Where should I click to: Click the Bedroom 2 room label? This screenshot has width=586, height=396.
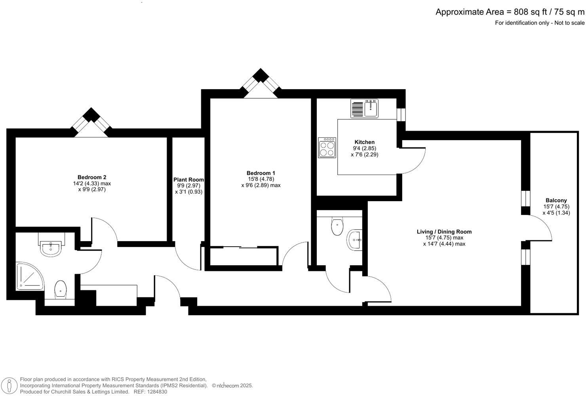point(91,177)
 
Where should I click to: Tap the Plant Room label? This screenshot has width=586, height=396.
point(188,180)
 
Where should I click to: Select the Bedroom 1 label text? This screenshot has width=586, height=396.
point(261,173)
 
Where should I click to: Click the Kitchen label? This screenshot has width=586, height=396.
point(364,142)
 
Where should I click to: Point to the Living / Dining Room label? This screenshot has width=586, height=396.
point(444,232)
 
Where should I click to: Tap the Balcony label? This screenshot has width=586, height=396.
point(556,200)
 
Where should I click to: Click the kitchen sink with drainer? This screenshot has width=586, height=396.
point(364,108)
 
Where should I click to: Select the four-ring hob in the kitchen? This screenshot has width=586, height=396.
point(327,148)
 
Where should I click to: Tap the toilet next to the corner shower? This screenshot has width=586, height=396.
point(60,289)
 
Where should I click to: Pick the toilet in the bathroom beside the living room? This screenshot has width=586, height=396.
point(337,227)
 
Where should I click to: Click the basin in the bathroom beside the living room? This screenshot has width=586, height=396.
point(354,240)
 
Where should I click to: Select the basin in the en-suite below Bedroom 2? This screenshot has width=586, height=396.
point(51,248)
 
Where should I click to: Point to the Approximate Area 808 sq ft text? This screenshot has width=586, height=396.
point(510,12)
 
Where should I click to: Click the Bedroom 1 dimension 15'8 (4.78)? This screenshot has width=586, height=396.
point(261,179)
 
